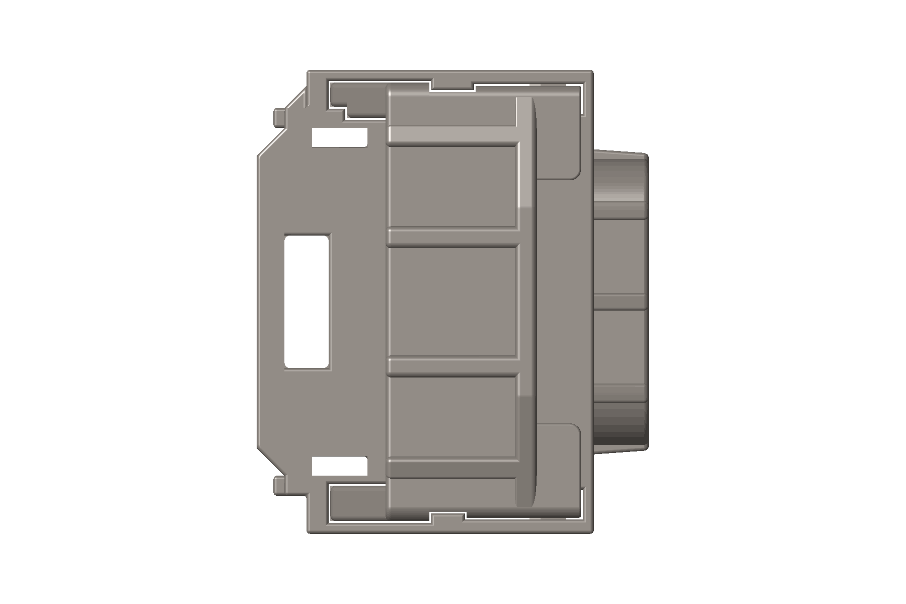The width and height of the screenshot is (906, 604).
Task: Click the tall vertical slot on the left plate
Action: (307, 301)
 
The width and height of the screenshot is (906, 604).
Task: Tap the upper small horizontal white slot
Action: (339, 137)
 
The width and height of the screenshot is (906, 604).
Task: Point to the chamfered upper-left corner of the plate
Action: (282, 133)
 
